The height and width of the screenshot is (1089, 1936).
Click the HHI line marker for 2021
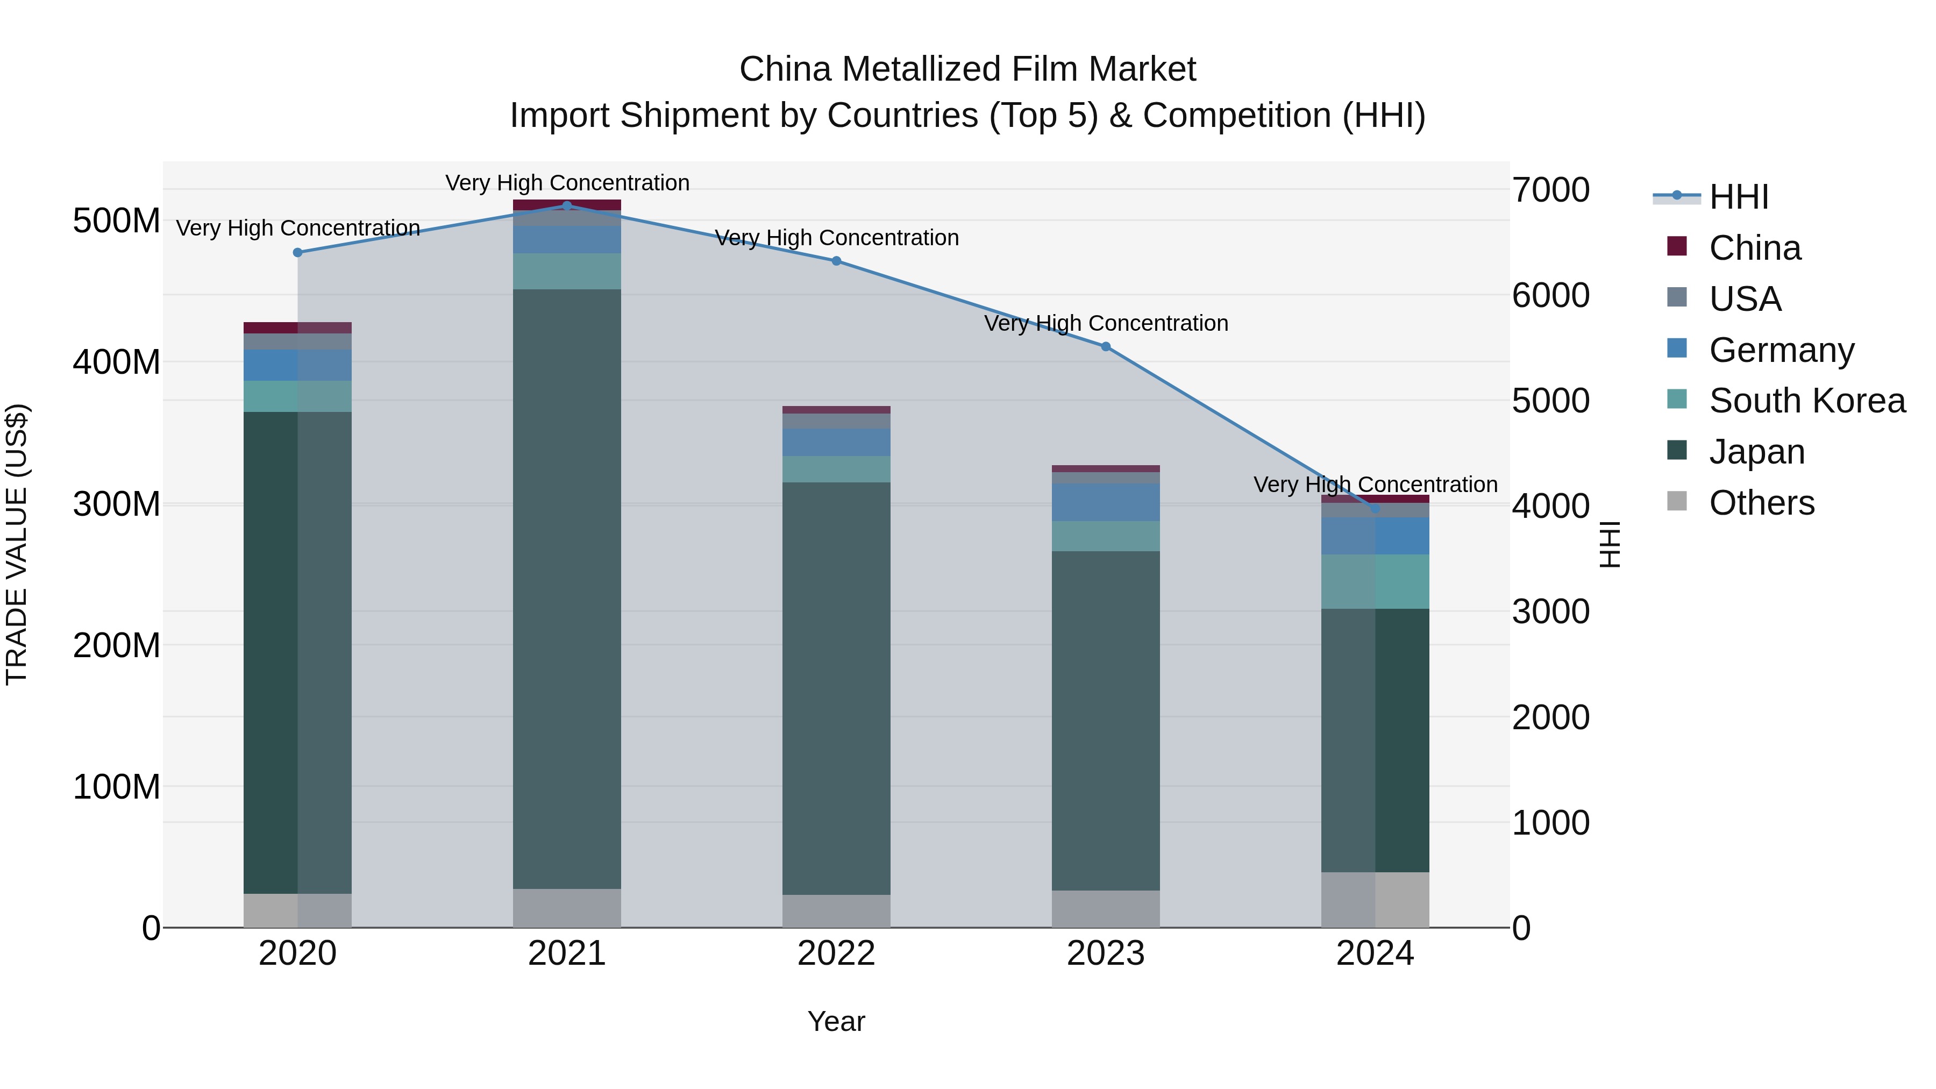[567, 205]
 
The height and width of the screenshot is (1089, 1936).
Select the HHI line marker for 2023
[1106, 346]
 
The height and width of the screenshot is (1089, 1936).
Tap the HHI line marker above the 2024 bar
[1375, 509]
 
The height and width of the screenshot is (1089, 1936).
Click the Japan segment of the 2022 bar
[836, 688]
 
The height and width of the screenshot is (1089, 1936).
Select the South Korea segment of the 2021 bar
[567, 272]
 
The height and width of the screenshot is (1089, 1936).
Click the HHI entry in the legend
[1738, 197]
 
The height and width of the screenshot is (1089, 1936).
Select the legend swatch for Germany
[1677, 348]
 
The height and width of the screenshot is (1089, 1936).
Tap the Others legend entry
[1761, 503]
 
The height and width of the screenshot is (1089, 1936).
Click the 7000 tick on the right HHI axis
[1550, 190]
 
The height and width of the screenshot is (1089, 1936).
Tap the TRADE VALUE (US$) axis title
[17, 544]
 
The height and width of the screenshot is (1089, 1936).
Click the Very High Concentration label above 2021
[567, 183]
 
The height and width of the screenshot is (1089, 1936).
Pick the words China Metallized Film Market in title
[967, 69]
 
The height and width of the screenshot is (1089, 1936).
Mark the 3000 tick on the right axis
[1550, 612]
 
